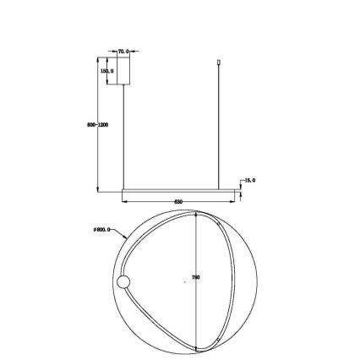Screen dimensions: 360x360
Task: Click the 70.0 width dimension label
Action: (123, 52)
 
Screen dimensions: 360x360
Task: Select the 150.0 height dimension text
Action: (107, 71)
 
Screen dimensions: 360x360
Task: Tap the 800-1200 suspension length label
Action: (97, 124)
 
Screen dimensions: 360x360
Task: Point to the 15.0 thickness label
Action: (250, 180)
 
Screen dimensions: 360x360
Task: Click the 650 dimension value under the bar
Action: (177, 202)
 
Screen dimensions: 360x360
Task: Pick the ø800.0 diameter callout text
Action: (102, 229)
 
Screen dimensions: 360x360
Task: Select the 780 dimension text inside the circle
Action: (196, 277)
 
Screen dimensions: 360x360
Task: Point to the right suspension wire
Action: (221, 127)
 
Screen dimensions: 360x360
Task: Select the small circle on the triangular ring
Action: (123, 281)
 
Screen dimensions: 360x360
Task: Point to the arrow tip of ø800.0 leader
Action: (129, 239)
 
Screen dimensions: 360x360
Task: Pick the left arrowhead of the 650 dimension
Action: (124, 202)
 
